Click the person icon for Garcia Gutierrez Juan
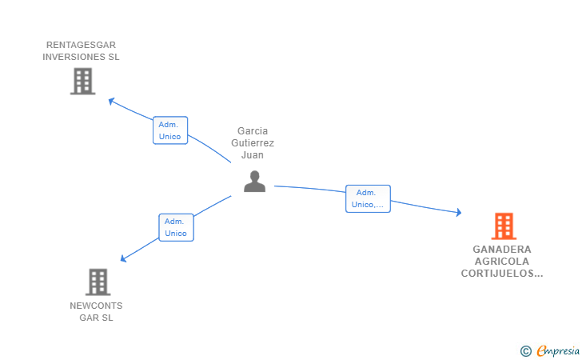point(254,182)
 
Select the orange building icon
point(504,226)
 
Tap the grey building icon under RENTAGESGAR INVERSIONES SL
point(83,82)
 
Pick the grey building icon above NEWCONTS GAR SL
point(98,282)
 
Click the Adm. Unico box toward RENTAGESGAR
point(170,130)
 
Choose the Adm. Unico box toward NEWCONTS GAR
point(176,227)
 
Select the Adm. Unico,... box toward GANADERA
point(368,198)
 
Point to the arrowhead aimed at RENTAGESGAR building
point(111,101)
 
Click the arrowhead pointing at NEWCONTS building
point(123,258)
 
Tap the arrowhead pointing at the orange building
point(459,212)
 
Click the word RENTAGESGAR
point(81,45)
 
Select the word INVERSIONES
point(69,57)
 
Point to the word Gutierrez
point(253,143)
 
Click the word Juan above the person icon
point(253,155)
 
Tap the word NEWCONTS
point(96,306)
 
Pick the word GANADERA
point(502,250)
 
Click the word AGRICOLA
point(502,261)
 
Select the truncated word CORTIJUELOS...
point(502,274)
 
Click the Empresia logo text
point(558,350)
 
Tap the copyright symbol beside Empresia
point(526,351)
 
